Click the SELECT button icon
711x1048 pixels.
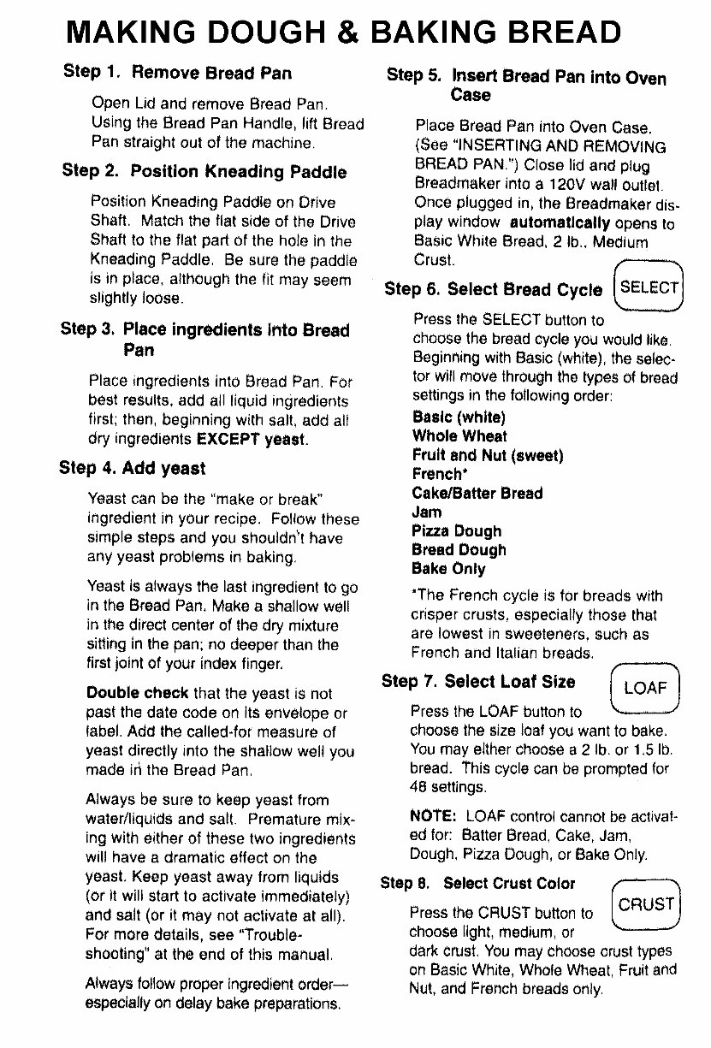pos(649,287)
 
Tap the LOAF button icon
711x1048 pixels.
pos(645,688)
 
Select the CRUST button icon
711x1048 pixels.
pos(647,903)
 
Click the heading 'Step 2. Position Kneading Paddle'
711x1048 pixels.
pos(204,171)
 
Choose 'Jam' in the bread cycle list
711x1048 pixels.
pos(427,512)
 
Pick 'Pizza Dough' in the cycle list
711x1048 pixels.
pos(456,531)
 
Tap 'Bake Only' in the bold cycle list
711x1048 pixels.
pos(448,569)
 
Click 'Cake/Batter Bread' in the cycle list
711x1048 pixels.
pos(477,494)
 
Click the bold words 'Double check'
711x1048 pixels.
pos(137,693)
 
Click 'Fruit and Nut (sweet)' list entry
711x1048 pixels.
pos(487,455)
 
